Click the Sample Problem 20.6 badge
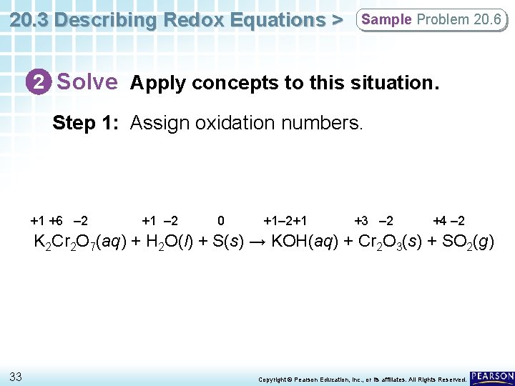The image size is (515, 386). [x=431, y=20]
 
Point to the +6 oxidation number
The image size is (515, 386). [x=57, y=221]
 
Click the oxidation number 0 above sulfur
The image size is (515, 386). [x=221, y=221]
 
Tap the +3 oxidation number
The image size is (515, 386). [x=361, y=221]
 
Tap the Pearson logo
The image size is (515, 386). [x=491, y=377]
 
